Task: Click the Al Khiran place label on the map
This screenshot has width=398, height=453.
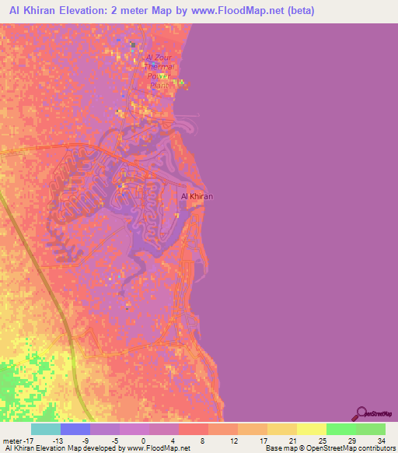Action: [196, 196]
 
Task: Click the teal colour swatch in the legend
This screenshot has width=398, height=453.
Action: [46, 429]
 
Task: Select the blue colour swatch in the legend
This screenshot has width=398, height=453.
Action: [75, 429]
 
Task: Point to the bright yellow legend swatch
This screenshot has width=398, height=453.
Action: [312, 429]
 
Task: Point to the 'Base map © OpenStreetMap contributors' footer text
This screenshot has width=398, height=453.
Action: [327, 448]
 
